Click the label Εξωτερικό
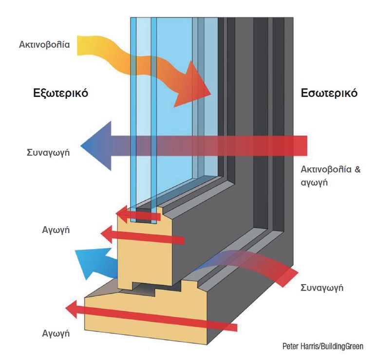pyautogui.click(x=60, y=93)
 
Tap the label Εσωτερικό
pyautogui.click(x=329, y=93)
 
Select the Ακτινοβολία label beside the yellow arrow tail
pyautogui.click(x=44, y=45)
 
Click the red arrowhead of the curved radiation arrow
pyautogui.click(x=198, y=88)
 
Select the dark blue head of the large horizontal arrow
pyautogui.click(x=95, y=145)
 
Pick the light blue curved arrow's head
pyautogui.click(x=88, y=263)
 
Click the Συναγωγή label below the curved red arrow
pyautogui.click(x=322, y=288)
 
